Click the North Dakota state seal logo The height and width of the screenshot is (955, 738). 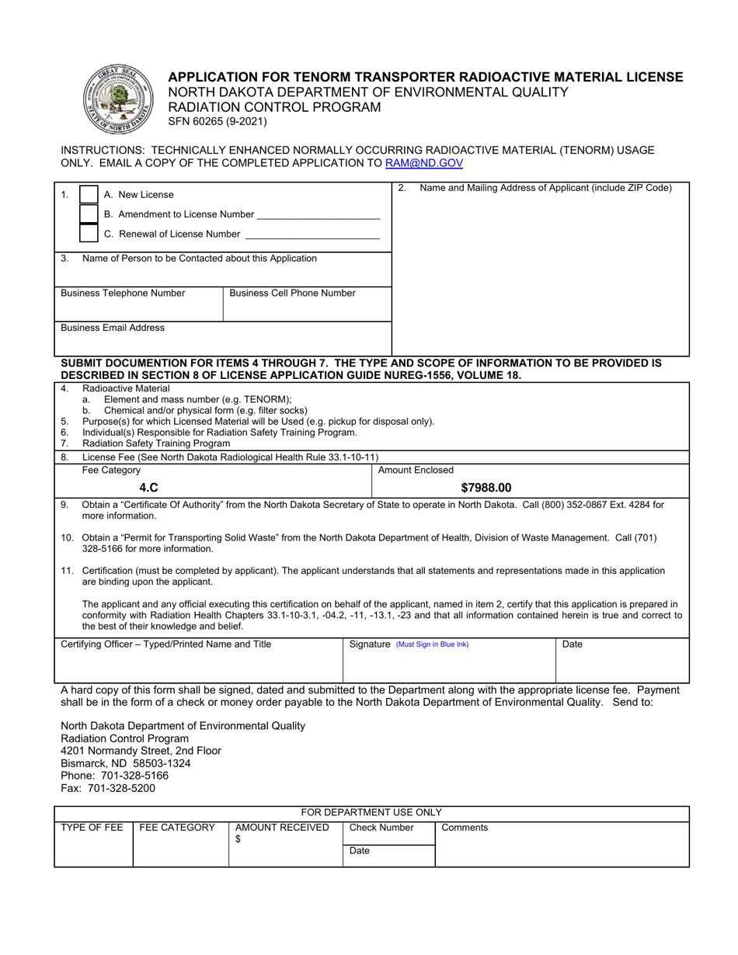115,99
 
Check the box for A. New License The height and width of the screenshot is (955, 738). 89,195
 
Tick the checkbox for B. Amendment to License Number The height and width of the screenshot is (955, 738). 89,214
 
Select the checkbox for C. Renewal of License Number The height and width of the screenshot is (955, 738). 89,234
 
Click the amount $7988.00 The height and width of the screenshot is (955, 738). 486,488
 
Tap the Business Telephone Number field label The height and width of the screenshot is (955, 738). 123,293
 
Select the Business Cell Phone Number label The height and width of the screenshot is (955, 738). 292,293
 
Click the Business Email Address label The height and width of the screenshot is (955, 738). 113,328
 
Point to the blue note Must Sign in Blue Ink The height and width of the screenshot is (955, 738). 432,644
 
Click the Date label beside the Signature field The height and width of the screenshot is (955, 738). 571,644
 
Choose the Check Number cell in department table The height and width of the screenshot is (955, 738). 381,828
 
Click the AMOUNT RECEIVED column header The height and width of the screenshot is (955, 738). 282,828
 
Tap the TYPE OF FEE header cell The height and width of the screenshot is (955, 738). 92,828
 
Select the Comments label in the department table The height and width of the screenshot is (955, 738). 465,828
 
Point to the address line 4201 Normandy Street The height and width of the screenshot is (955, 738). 141,751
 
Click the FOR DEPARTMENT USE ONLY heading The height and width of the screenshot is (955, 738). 371,812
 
